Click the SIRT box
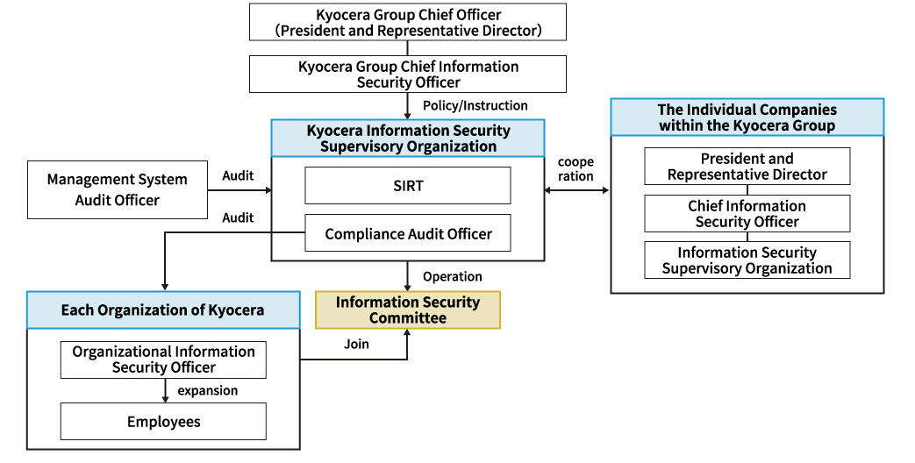(408, 185)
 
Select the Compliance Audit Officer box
(408, 233)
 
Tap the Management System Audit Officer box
(117, 189)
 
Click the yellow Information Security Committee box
(408, 310)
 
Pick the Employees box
(163, 421)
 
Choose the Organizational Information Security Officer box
(163, 360)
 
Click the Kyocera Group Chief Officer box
(408, 22)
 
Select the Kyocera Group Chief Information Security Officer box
(408, 75)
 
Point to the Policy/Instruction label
(475, 105)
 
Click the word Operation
(453, 276)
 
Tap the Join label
(356, 344)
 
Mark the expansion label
(208, 390)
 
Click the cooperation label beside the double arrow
(575, 169)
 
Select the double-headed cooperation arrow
(576, 189)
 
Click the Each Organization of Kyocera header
(162, 310)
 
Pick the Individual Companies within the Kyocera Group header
(747, 118)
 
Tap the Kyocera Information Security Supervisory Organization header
(408, 139)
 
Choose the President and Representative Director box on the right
(747, 166)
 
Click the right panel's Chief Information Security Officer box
(747, 213)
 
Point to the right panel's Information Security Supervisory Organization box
(747, 260)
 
